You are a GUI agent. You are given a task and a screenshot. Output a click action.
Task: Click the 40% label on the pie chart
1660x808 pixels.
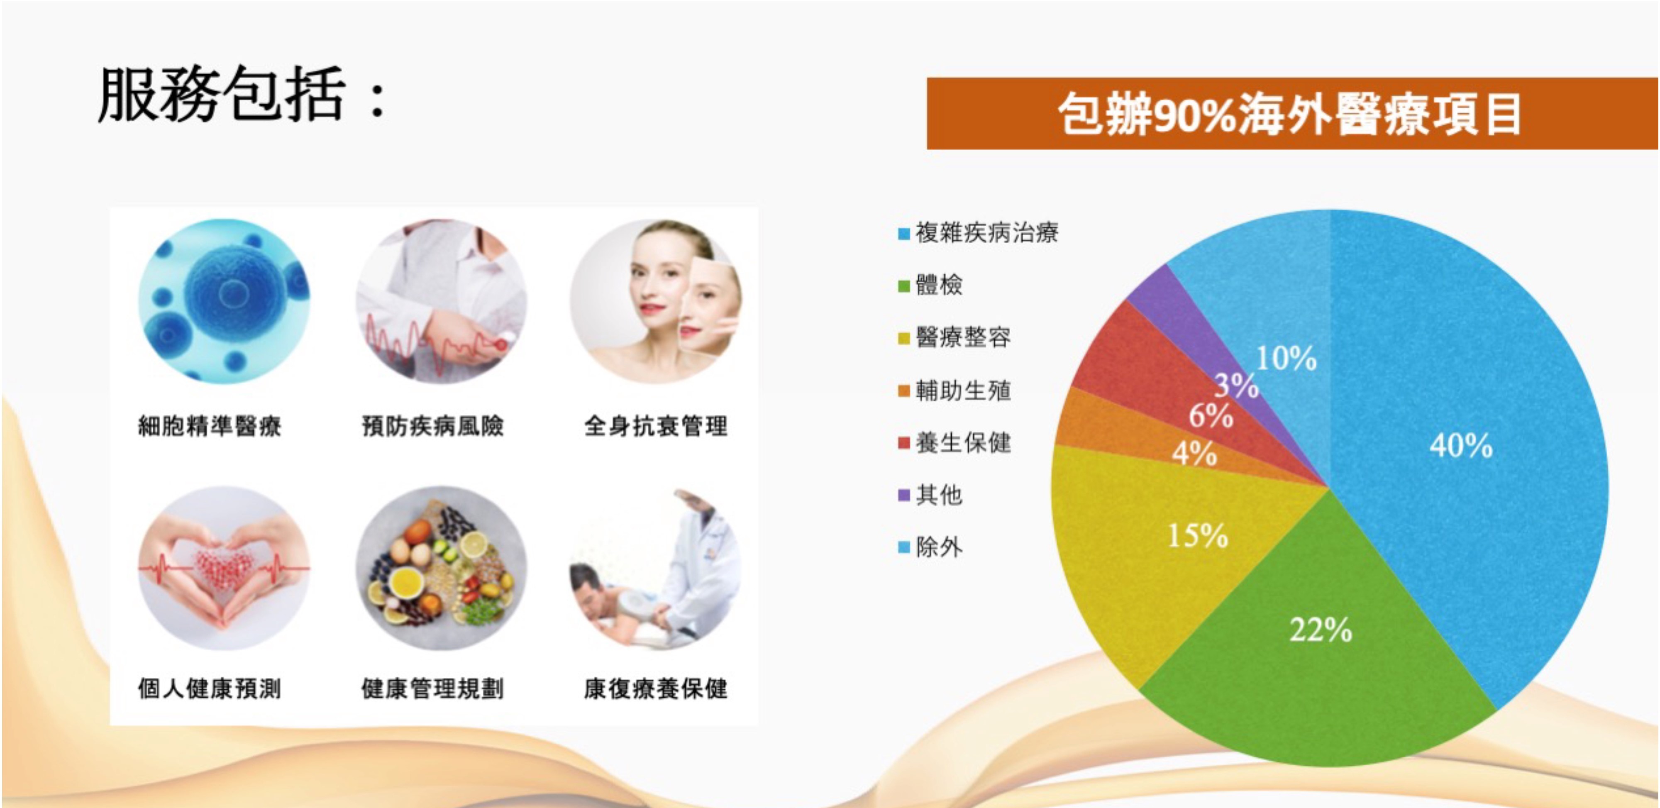tap(1461, 445)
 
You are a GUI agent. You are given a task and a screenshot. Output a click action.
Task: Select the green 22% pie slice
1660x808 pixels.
tap(1315, 651)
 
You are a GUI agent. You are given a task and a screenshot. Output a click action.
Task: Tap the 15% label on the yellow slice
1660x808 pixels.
tap(1198, 535)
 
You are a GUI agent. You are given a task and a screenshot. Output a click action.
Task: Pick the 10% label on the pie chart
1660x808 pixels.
tap(1286, 358)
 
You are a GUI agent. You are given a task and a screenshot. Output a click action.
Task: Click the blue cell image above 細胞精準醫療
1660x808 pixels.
tap(224, 300)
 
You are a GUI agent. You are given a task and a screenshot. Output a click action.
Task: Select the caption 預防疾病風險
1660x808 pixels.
tap(432, 426)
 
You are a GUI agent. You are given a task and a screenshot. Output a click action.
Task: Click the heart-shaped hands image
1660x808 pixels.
tap(224, 568)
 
